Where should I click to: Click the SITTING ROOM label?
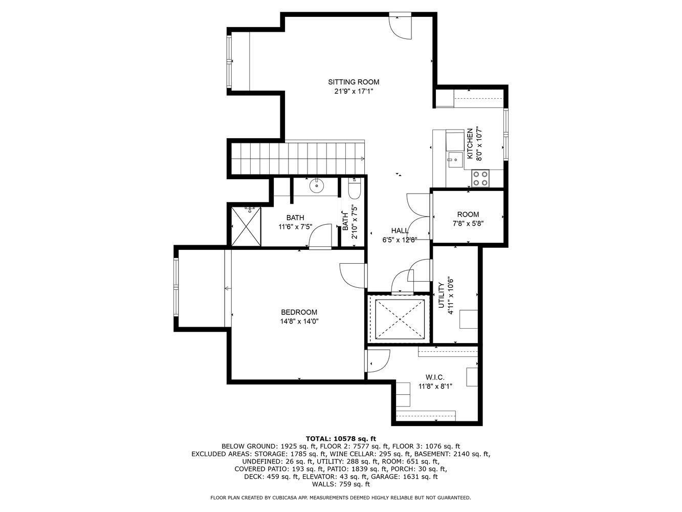[354, 82]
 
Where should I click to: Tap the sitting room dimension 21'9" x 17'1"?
[354, 92]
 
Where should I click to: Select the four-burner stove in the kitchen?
[480, 178]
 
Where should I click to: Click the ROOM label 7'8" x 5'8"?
[468, 215]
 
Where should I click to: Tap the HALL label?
[400, 231]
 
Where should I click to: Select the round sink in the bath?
[317, 185]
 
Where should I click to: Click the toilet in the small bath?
[354, 190]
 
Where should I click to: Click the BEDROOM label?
[299, 312]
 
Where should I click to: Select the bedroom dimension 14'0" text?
[311, 322]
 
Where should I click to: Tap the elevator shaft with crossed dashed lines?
[400, 319]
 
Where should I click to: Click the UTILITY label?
[441, 295]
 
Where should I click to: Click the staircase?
[298, 159]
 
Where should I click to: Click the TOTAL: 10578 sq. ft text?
[341, 438]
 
